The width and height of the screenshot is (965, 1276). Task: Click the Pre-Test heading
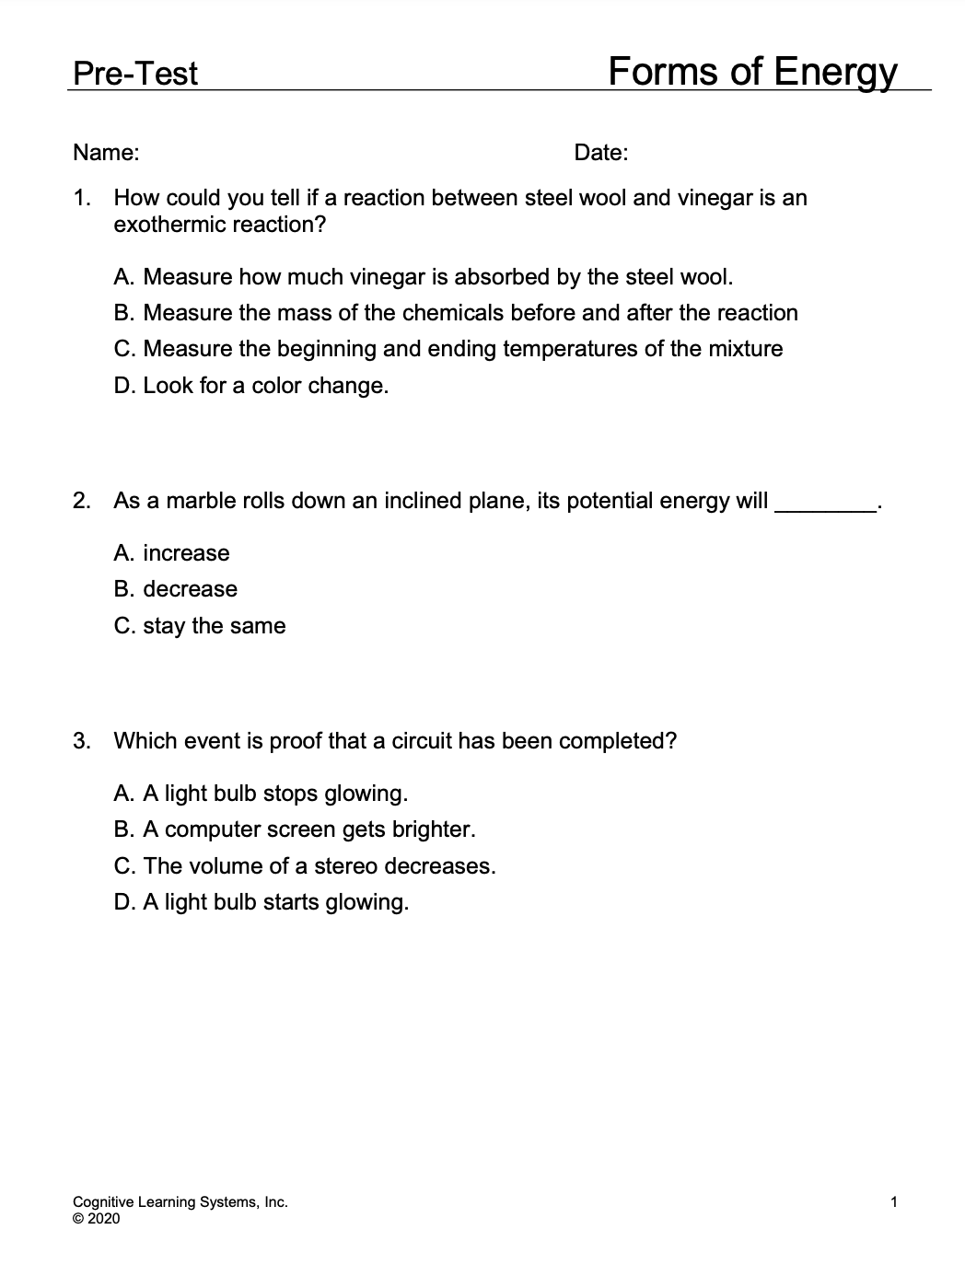click(x=134, y=74)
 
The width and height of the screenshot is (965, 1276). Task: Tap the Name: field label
click(x=106, y=153)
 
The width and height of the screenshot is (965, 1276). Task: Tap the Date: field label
click(x=600, y=153)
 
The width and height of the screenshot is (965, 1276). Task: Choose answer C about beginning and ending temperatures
click(x=448, y=349)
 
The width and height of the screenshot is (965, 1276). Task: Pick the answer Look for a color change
click(x=251, y=386)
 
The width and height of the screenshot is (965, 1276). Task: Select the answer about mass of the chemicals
click(x=456, y=313)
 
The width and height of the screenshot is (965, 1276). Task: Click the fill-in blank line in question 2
click(x=826, y=505)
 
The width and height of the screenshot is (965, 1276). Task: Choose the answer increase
click(x=172, y=553)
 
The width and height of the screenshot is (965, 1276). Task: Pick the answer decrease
click(x=176, y=589)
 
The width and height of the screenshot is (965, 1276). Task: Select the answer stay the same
click(x=200, y=626)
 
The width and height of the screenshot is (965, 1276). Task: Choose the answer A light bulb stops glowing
click(x=261, y=794)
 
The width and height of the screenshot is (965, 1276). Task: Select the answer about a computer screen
click(x=295, y=829)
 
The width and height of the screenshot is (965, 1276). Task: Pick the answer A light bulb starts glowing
click(x=262, y=902)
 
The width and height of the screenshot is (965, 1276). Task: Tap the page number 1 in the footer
click(x=894, y=1201)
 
